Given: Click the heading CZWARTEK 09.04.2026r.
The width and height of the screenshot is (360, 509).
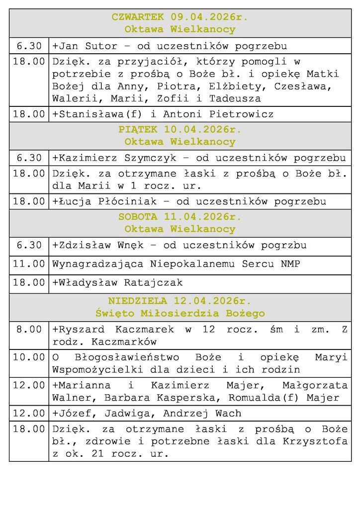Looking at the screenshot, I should click(180, 17).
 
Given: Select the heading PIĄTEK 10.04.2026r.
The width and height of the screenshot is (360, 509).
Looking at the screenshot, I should click(180, 130).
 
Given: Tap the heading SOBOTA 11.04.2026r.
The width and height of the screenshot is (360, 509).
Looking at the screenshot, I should click(180, 217).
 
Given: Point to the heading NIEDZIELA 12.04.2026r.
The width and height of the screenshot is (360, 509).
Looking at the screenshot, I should click(180, 301).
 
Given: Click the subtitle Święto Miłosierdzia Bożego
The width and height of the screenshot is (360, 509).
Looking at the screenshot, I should click(180, 314).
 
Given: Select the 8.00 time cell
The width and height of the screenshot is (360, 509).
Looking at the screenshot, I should click(29, 330).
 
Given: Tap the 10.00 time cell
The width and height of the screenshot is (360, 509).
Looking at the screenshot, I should click(29, 357).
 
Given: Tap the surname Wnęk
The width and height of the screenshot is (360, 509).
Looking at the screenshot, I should click(131, 246).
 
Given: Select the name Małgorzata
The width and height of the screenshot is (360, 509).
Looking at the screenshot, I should click(315, 385).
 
